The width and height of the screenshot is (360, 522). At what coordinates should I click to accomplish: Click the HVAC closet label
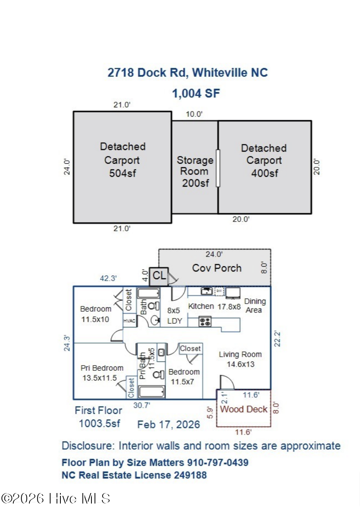129,321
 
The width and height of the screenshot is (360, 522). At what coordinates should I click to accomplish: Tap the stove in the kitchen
205,322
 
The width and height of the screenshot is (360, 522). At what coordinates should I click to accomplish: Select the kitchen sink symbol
207,291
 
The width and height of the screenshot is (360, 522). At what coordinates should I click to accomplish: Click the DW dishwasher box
219,291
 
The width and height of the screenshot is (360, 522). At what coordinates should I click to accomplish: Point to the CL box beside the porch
159,276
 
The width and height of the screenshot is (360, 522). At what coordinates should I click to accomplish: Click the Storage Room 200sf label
195,171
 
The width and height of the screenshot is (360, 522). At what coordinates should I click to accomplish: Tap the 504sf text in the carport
122,173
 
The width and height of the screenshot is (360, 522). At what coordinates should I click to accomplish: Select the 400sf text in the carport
265,173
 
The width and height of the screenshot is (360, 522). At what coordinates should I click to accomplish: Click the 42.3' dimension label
108,278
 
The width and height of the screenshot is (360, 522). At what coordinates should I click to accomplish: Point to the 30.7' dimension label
142,405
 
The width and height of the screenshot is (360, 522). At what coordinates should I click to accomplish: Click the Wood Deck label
244,409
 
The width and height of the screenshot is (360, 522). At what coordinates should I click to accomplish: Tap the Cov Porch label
217,268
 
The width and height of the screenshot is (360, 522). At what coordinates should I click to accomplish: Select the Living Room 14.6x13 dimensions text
240,364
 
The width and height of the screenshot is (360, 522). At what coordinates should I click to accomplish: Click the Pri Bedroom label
102,368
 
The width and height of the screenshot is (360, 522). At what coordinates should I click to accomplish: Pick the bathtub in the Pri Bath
152,392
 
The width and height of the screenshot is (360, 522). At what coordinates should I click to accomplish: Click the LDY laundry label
174,321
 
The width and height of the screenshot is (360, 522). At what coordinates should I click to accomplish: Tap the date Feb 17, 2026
168,425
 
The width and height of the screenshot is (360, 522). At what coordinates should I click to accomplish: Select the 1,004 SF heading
196,93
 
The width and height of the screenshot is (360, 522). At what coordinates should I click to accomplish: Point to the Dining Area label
254,306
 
